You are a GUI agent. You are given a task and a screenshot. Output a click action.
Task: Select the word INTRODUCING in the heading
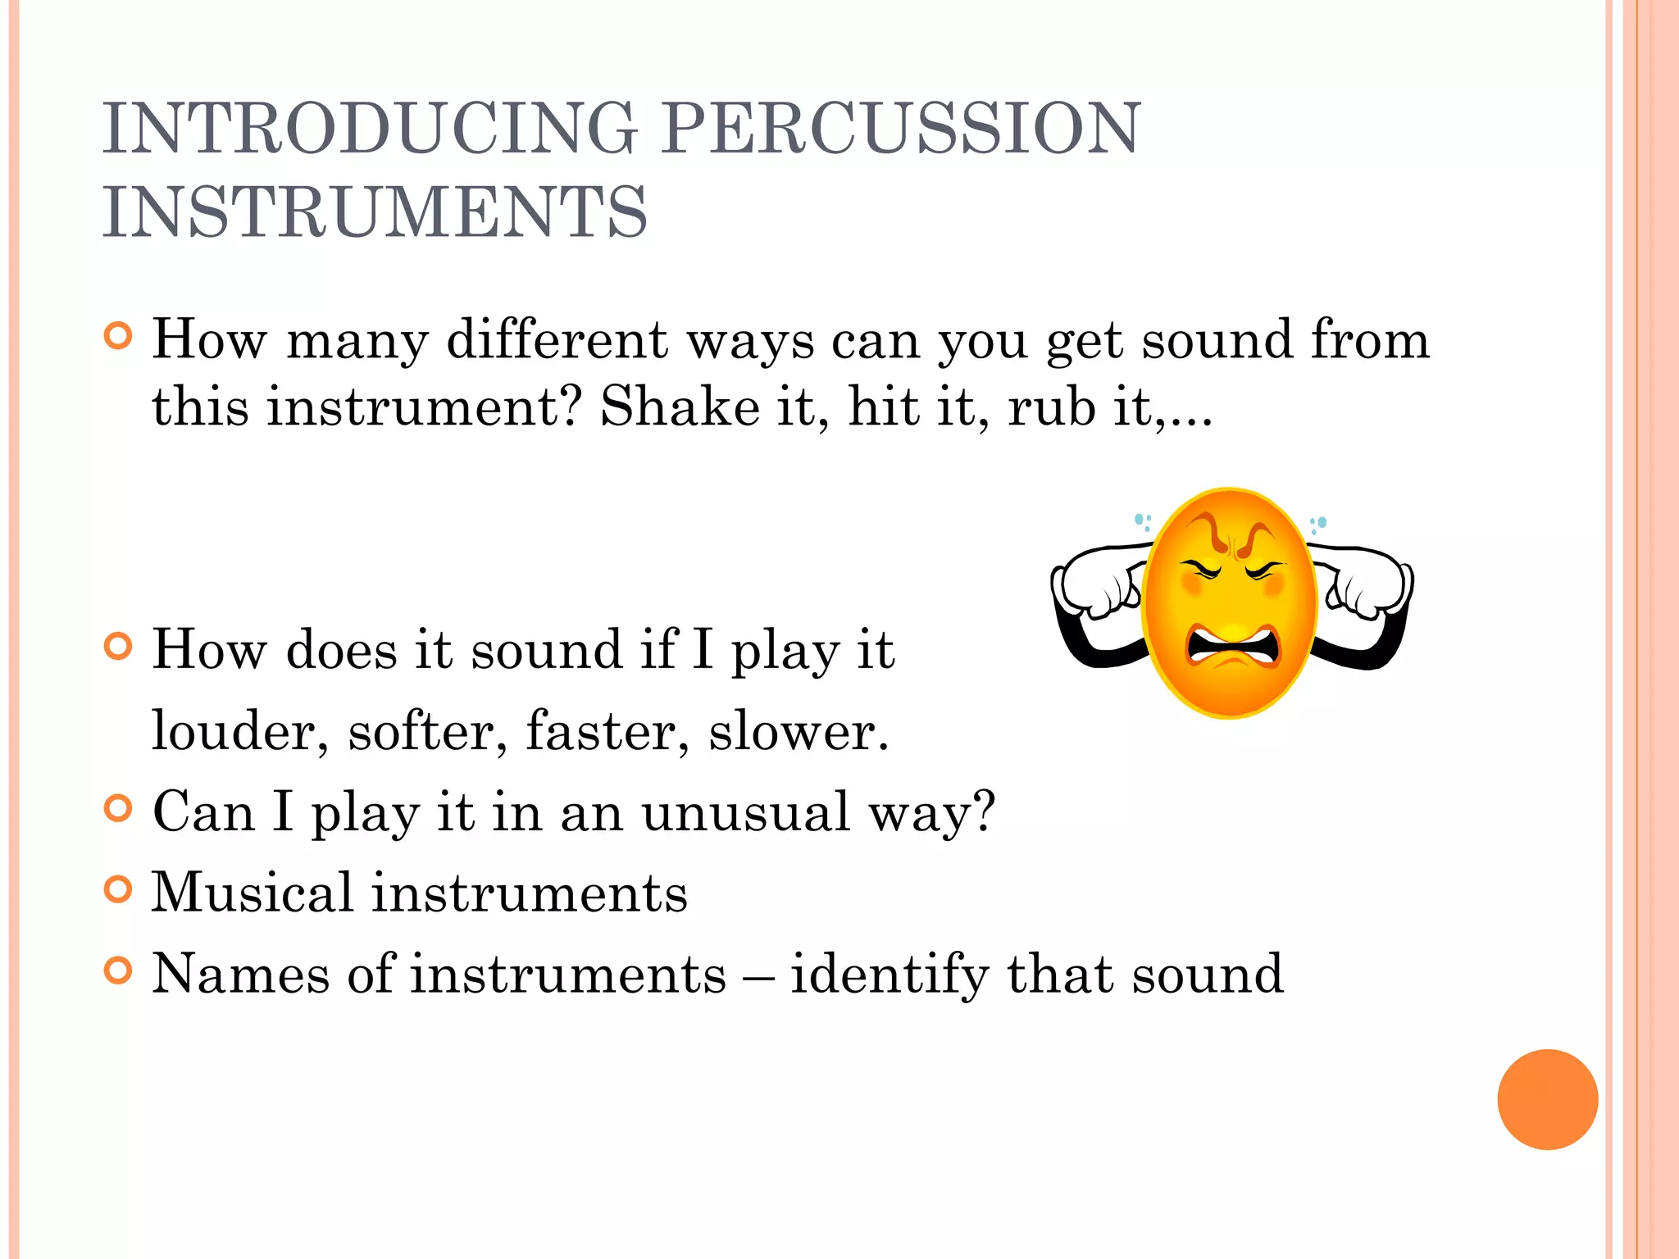pos(369,128)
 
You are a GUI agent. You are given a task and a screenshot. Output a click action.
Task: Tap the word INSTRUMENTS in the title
pos(375,212)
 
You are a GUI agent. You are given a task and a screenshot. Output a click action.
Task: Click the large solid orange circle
pos(1547,1099)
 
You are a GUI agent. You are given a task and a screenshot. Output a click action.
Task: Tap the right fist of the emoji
pos(1367,584)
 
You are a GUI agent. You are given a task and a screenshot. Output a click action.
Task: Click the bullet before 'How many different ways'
pos(119,336)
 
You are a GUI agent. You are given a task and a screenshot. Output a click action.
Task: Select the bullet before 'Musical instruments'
pos(119,889)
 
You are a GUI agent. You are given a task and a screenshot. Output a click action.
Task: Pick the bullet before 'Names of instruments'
pos(119,970)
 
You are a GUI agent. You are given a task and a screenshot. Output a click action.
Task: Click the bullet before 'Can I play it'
pos(119,808)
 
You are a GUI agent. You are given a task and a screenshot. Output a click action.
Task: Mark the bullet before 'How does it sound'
pos(119,647)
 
